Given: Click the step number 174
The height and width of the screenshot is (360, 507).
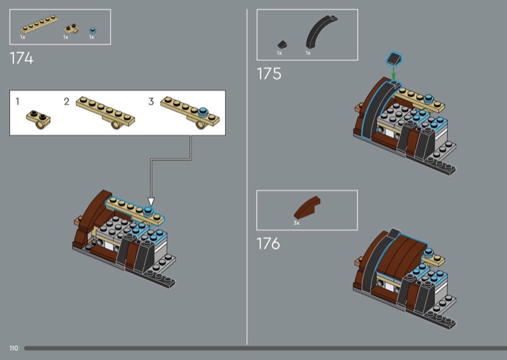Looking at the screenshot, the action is [x=22, y=58].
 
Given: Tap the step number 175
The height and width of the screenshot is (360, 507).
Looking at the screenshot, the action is [x=269, y=74].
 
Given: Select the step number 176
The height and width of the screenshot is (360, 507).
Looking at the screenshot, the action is [x=268, y=243].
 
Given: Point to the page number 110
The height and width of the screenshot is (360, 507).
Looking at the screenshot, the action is [x=13, y=348].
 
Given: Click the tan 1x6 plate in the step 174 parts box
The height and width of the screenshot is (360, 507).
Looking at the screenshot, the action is [x=39, y=24].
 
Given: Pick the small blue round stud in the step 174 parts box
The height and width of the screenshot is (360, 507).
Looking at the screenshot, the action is [x=93, y=30].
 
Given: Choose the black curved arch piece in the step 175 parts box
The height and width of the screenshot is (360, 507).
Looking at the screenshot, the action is [x=320, y=32].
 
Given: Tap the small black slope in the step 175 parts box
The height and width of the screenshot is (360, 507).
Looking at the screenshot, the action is [x=282, y=44].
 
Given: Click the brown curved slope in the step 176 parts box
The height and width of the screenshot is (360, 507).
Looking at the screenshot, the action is [x=307, y=207].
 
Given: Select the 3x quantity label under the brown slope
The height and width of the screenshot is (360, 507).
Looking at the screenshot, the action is [x=297, y=223].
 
